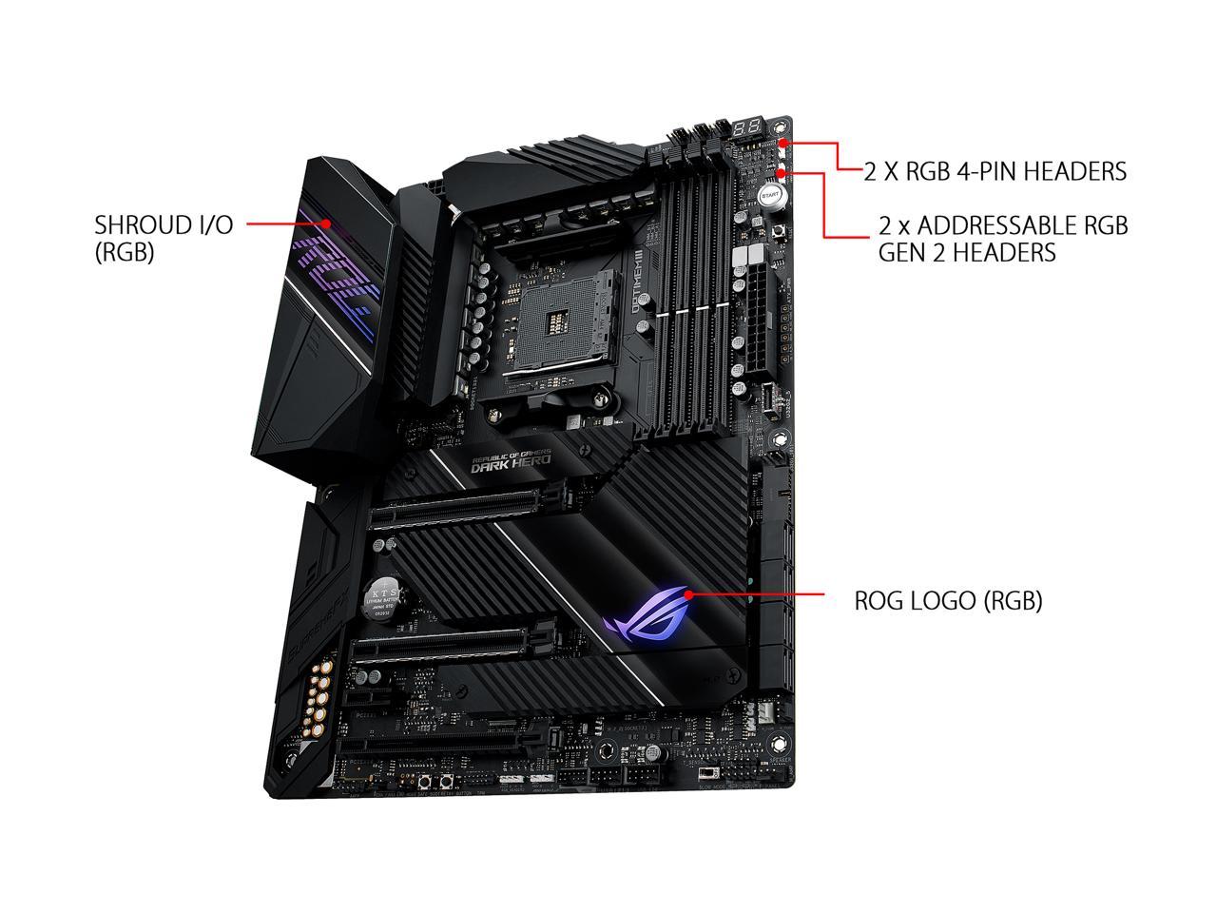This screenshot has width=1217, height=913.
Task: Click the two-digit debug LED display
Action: pyautogui.click(x=753, y=126)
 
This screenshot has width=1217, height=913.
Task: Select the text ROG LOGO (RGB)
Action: pyautogui.click(x=948, y=601)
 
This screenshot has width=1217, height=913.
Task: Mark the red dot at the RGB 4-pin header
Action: pyautogui.click(x=782, y=144)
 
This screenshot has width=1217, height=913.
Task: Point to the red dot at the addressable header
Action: pyautogui.click(x=782, y=172)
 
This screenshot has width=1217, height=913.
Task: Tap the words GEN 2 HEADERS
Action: pyautogui.click(x=967, y=252)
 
